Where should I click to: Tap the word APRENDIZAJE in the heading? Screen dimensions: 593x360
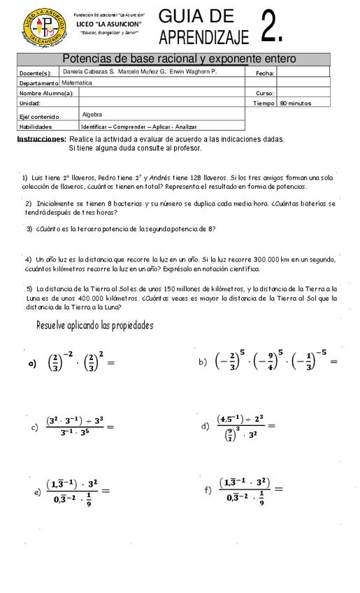198,36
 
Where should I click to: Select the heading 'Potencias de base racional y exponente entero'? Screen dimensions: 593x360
179,59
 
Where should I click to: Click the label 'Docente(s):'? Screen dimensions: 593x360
35,73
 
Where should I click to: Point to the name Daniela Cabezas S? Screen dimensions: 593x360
88,72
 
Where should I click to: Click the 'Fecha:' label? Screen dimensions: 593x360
264,73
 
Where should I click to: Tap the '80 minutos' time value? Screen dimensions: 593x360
295,103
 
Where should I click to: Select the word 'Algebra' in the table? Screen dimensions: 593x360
92,114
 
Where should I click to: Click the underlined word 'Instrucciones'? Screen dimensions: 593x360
41,139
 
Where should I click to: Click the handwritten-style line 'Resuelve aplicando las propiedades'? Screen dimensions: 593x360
94,325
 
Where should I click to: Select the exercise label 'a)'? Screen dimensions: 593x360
31,364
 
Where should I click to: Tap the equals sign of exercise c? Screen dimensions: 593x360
108,426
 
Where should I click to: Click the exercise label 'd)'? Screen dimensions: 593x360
206,426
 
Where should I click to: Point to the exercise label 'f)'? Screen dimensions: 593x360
208,490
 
